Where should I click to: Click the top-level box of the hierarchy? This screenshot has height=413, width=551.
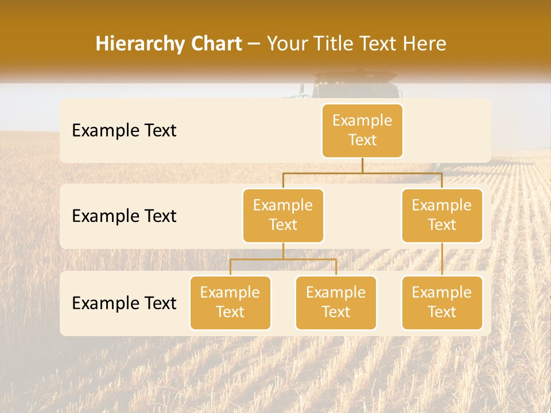coord(362,131)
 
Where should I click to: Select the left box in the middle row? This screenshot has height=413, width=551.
coord(283,216)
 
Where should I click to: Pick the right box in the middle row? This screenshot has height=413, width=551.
coord(442,216)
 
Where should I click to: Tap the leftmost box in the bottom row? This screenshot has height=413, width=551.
coord(230,303)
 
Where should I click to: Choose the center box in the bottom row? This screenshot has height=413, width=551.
coord(336,303)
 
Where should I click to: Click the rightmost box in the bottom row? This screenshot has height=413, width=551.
coord(442,303)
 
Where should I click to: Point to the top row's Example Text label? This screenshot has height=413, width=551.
coord(124,131)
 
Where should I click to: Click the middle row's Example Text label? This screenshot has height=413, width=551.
coord(124,216)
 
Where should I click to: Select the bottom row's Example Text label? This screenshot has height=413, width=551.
coord(124,303)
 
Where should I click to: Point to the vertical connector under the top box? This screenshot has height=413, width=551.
coord(362,165)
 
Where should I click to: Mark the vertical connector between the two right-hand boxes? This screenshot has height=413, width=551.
coord(442,259)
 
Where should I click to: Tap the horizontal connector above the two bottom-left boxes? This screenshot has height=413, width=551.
coord(283,259)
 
